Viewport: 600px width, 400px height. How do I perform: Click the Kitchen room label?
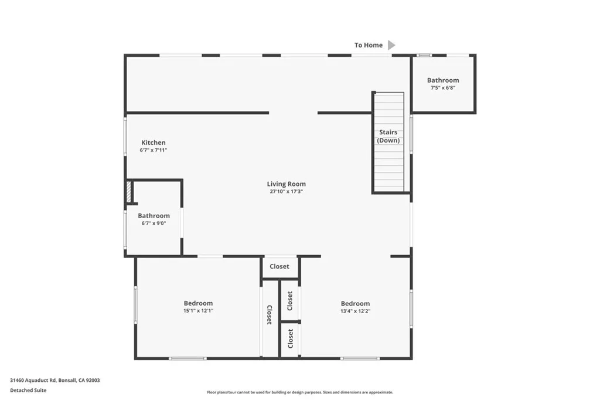click(x=154, y=143)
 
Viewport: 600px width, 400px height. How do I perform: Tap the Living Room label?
click(x=286, y=184)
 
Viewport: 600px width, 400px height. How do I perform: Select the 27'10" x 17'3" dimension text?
click(x=286, y=192)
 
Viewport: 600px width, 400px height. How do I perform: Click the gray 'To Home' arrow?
click(x=391, y=45)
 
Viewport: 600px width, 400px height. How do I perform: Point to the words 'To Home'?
click(x=369, y=45)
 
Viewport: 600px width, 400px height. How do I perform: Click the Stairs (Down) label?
click(x=388, y=137)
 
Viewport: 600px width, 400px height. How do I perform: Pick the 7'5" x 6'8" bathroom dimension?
click(x=443, y=88)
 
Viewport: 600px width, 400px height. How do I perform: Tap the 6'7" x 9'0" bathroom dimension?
click(x=154, y=223)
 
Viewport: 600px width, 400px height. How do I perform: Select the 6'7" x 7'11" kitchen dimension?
click(x=154, y=150)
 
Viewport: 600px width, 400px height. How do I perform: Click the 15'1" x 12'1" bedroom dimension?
click(x=198, y=311)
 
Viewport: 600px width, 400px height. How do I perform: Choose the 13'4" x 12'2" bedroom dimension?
click(x=356, y=311)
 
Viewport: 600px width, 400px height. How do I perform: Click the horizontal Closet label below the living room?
click(x=279, y=266)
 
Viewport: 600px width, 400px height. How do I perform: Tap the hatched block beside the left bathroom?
click(x=129, y=192)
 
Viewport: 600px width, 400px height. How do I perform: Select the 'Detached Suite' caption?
click(x=28, y=391)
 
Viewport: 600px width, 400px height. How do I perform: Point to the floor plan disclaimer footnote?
click(x=300, y=392)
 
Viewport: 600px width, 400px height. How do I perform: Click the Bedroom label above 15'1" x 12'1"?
click(x=198, y=303)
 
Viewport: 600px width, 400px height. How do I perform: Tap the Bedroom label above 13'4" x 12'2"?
click(x=356, y=303)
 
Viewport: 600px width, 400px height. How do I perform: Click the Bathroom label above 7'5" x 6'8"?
click(x=443, y=80)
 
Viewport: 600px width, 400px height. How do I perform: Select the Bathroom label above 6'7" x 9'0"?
click(x=154, y=216)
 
